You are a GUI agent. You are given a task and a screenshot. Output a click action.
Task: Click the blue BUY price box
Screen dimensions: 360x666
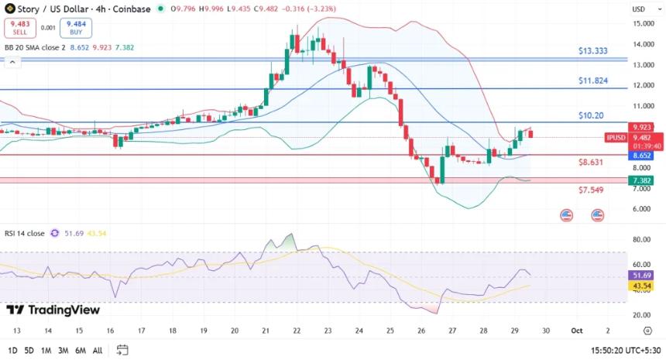77,29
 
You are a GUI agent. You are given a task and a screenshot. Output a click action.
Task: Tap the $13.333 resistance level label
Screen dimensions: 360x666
592,51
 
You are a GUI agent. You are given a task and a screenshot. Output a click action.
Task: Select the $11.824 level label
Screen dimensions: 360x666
592,81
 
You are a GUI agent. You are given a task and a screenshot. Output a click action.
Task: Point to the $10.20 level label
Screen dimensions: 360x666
590,115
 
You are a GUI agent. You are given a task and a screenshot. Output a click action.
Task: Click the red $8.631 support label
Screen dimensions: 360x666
590,163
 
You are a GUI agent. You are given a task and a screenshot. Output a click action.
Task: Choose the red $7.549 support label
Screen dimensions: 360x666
590,190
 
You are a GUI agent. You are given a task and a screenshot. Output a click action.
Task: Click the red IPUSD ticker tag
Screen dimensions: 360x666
617,138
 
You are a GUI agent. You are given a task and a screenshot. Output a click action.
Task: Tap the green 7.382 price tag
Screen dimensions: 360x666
643,180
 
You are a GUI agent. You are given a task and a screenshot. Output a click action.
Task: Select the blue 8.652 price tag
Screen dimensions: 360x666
643,155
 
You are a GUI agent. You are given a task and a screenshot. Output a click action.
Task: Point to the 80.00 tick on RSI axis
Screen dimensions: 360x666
641,240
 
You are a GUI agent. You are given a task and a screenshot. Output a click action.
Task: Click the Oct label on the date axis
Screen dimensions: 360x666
575,330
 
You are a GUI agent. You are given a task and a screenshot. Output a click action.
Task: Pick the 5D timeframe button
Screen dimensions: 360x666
29,350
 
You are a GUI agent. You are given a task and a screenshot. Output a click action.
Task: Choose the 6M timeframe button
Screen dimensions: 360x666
80,350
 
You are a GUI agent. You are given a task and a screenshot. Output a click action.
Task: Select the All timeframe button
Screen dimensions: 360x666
97,350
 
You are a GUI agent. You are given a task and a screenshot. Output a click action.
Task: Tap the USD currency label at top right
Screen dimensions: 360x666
639,9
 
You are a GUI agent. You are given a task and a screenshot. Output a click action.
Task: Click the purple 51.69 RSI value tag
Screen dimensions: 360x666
643,275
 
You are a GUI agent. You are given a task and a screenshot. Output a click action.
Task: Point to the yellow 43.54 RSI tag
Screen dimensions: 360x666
643,286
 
